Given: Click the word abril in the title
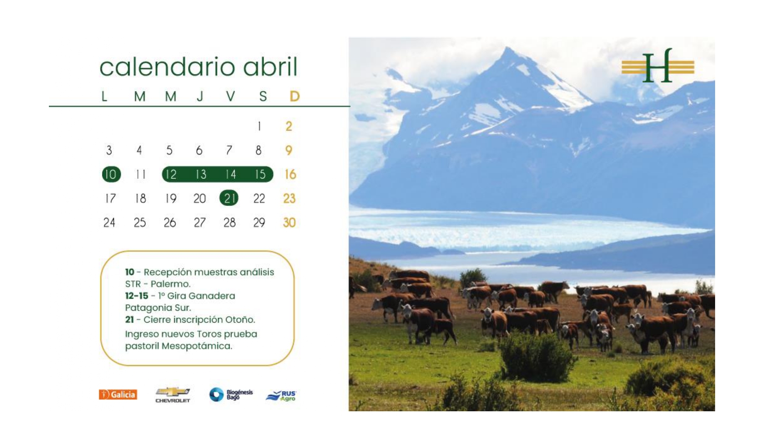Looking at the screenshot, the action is click(x=270, y=67).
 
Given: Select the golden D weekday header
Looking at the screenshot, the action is click(x=295, y=96).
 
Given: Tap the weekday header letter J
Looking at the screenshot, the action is click(x=200, y=96).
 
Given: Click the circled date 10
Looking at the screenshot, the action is click(x=111, y=174).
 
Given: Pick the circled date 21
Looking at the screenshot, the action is click(x=229, y=198).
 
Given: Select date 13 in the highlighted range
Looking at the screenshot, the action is click(x=201, y=174).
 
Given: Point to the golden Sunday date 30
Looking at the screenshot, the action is click(x=289, y=222).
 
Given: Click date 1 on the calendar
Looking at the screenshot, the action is click(x=259, y=126).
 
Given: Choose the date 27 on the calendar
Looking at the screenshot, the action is click(x=199, y=222).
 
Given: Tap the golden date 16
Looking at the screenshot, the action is click(x=290, y=174).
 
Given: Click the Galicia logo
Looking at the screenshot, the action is click(x=118, y=394).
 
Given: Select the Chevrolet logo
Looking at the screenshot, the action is click(x=173, y=395).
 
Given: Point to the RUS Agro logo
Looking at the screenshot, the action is click(x=281, y=396).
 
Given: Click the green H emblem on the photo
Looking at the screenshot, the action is click(x=658, y=65).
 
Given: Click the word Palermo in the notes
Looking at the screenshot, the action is click(x=170, y=284).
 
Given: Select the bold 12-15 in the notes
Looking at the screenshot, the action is click(x=136, y=296).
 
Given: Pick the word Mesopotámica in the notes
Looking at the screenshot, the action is click(x=197, y=346).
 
